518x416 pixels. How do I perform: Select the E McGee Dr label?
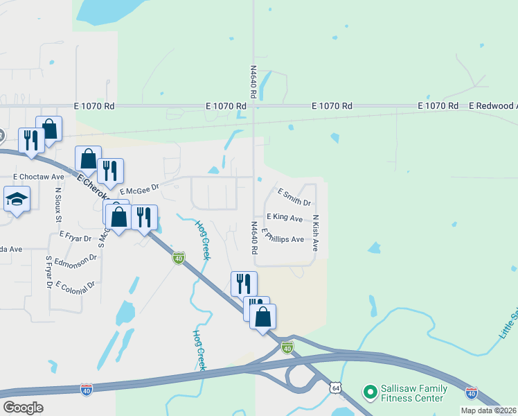pos(139,189)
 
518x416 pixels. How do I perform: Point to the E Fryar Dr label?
pos(75,236)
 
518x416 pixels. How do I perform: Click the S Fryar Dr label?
pos(49,272)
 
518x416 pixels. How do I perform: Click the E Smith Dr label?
pos(294,197)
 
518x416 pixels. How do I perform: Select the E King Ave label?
pos(285,218)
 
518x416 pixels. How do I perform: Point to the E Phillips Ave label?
pos(283,237)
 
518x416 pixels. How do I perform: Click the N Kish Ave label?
pos(315,233)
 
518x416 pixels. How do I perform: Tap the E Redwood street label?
pos(492,106)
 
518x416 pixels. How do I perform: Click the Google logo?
pos(23,408)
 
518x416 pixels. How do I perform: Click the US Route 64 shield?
pos(335,386)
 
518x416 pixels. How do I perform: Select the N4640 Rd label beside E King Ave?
pos(254,237)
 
